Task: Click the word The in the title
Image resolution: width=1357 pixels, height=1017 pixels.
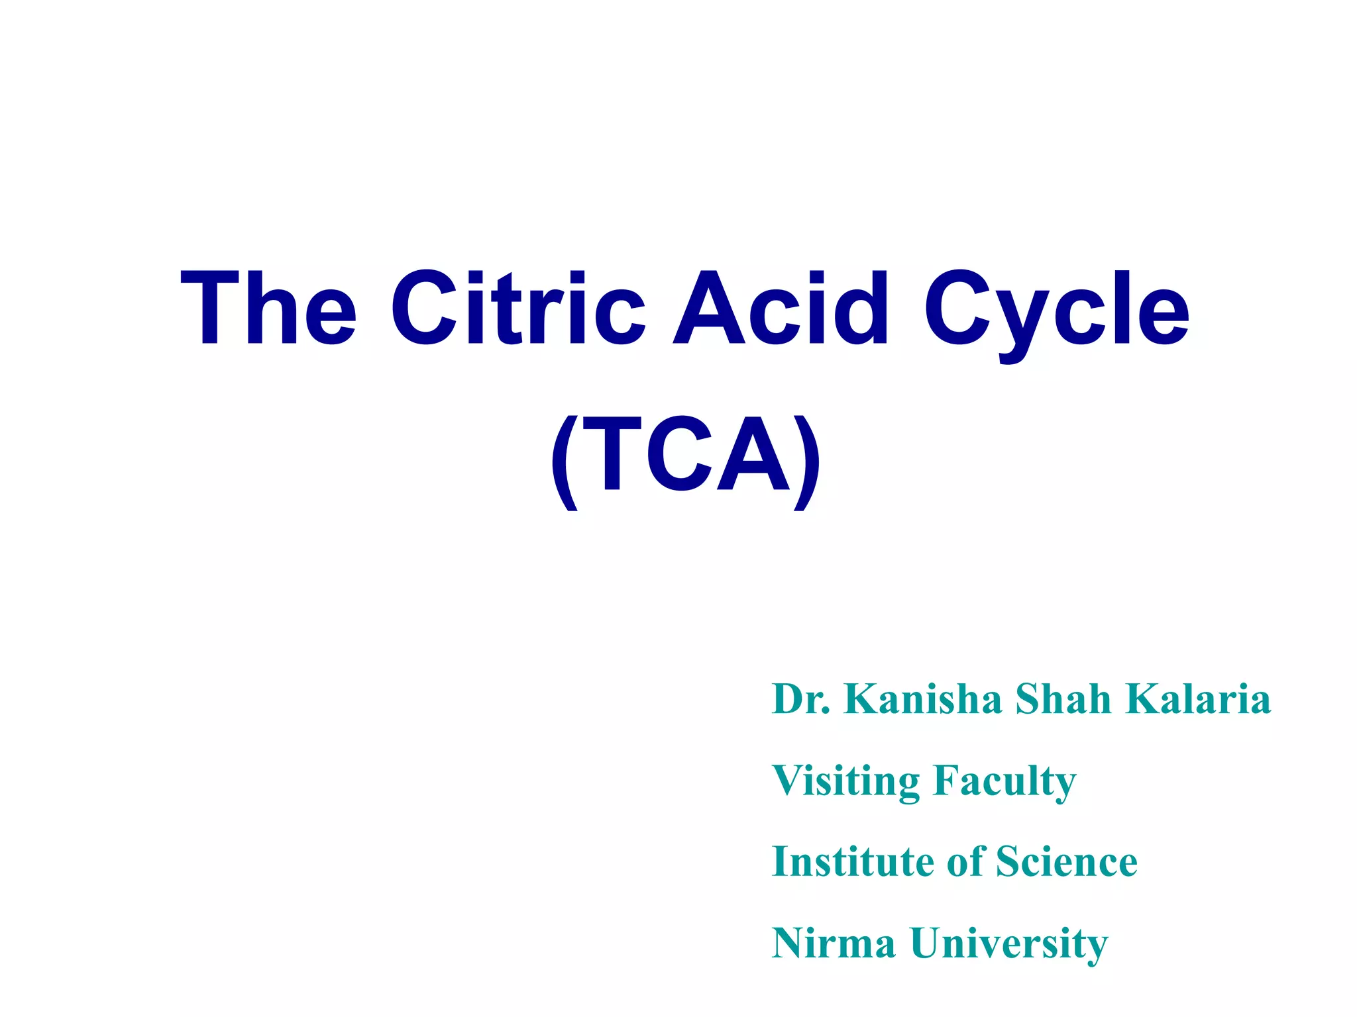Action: point(268,308)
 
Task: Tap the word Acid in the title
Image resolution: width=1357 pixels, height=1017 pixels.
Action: point(781,308)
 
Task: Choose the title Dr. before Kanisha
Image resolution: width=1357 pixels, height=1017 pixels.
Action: point(800,699)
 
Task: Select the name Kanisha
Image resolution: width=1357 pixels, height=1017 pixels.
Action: point(922,699)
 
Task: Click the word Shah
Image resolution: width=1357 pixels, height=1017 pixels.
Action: point(1063,699)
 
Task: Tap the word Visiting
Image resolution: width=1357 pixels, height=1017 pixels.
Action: point(846,781)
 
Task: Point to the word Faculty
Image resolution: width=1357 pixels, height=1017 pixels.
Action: point(1004,781)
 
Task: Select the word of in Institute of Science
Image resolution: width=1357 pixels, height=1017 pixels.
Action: point(966,862)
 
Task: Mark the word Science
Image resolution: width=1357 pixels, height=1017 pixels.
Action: point(1067,862)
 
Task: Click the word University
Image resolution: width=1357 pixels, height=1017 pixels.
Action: point(1008,944)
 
